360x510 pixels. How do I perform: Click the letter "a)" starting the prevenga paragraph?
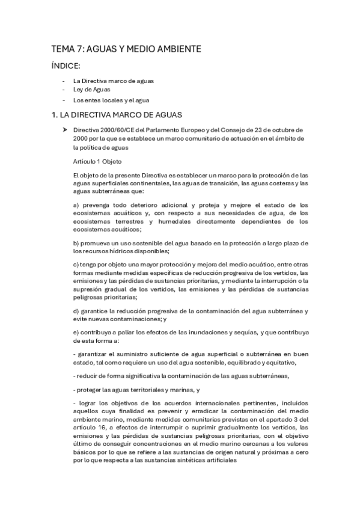click(76, 205)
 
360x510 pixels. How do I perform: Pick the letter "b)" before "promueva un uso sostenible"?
click(76, 242)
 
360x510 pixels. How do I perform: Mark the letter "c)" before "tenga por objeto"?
click(75, 265)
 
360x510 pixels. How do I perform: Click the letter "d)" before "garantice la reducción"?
click(76, 310)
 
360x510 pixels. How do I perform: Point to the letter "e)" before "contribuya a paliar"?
click(76, 333)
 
